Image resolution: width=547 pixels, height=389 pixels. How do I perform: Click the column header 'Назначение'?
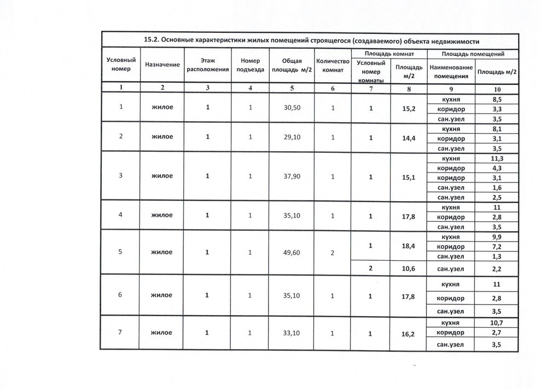(162, 65)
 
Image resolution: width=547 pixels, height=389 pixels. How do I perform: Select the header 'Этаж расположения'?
(207, 65)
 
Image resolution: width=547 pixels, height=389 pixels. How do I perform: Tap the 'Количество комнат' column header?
(333, 65)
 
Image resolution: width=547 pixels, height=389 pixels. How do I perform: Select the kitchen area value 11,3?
(497, 158)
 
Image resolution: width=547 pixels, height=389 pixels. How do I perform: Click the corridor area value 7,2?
(497, 247)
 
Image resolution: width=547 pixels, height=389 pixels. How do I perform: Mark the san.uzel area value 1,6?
(497, 187)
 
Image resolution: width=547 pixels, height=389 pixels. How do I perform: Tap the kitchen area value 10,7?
(497, 323)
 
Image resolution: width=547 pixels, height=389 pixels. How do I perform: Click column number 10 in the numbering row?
(497, 88)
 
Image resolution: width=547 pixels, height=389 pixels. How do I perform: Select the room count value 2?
(332, 253)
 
